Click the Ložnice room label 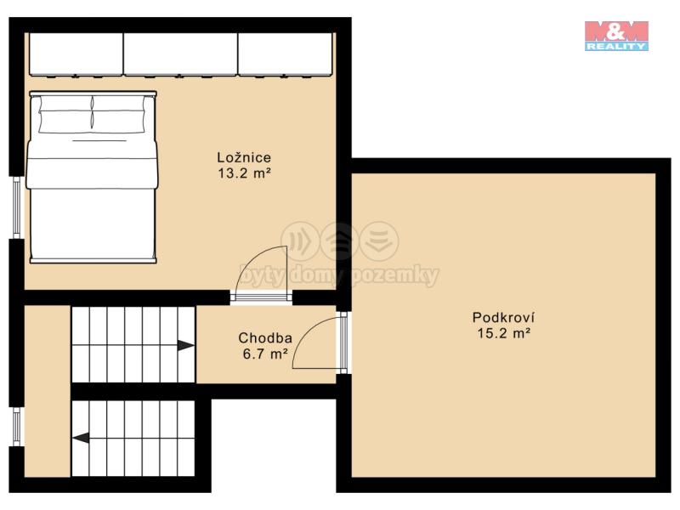244,157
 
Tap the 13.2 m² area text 244,173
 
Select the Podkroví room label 503,317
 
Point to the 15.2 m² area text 504,333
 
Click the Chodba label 265,337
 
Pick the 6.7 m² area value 265,354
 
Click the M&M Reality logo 616,36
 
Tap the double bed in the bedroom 92,177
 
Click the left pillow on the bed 65,114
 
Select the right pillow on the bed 118,114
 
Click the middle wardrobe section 180,54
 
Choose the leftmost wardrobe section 76,54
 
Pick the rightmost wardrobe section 286,54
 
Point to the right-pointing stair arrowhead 185,346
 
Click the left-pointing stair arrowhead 81,438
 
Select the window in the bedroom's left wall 16,207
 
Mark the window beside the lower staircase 16,428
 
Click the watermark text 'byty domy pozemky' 339,275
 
